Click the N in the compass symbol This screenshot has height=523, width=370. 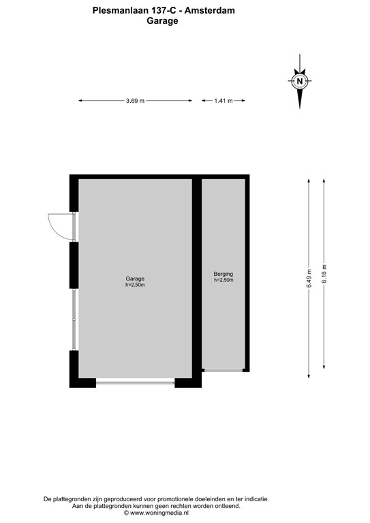[300, 81]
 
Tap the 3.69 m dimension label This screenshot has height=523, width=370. [135, 101]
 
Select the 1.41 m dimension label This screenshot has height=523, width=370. [223, 101]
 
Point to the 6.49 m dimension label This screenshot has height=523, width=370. [309, 279]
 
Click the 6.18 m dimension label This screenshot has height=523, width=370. [324, 274]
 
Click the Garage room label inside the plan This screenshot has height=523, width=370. [135, 279]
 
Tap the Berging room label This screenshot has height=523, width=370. [223, 274]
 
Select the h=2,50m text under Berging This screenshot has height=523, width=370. [223, 280]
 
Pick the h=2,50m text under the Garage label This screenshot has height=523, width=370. [135, 285]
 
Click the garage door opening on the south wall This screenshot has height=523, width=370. [135, 383]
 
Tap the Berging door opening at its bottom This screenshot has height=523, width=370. [223, 370]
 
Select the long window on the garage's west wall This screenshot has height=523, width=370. [74, 319]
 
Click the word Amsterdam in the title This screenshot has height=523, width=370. [210, 10]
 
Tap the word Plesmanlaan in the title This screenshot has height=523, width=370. [120, 10]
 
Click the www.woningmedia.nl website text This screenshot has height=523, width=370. [159, 513]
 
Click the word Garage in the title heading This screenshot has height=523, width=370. [162, 21]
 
